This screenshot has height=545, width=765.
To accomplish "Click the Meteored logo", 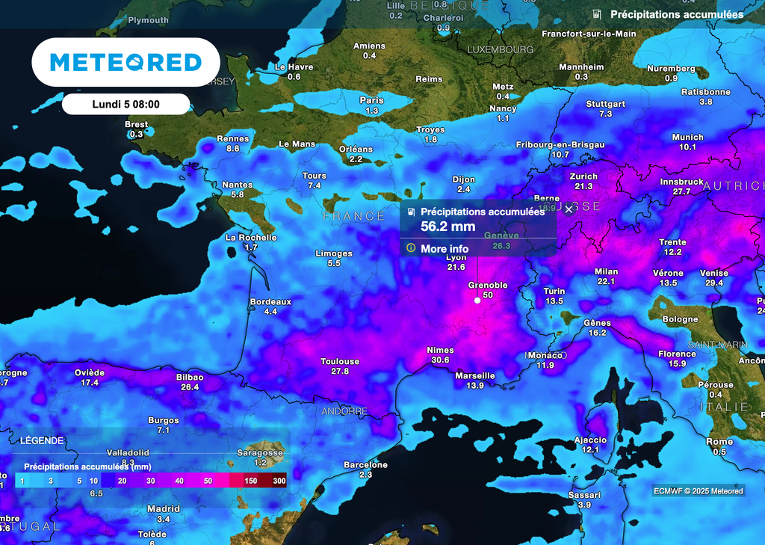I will coord(126,62).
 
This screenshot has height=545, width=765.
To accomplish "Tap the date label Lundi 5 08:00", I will coord(126,104).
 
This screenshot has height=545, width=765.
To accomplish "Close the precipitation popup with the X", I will coord(569,210).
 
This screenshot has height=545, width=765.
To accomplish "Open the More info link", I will coord(445,248).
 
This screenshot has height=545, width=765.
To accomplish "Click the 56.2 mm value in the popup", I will coord(448,226).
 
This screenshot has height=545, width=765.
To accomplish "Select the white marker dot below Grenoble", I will coord(477,301).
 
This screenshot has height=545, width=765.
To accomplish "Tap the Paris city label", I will coord(371,100).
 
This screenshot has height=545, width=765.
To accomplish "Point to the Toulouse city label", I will coord(340,361).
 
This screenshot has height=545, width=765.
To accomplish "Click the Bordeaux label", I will coord(270,301).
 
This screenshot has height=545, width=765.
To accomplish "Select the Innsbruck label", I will coord(682,182).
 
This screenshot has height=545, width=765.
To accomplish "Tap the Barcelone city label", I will coord(365,464).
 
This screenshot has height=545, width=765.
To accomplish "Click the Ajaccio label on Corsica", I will coord(590,440).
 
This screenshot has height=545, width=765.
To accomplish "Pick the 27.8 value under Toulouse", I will coord(340,371).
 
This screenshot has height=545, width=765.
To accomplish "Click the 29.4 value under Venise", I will coord(713,283).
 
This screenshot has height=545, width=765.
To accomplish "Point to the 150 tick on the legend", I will coord(251,481).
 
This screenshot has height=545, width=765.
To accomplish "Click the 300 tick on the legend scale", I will coord(279,481).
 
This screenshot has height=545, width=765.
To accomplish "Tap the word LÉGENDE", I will coord(42,441).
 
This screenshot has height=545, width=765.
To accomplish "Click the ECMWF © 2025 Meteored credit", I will coord(698,491).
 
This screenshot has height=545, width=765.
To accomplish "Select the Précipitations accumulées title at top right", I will coord(676,14).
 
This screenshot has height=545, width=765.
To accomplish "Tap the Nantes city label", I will coord(238,185).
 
